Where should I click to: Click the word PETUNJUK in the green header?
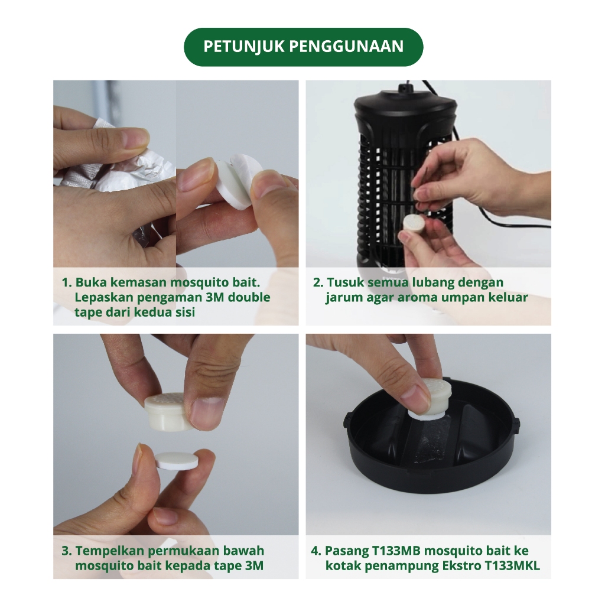(x=244, y=47)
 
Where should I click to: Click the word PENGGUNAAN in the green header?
(x=346, y=47)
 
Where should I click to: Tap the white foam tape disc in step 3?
(x=177, y=461)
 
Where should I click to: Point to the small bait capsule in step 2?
(x=414, y=224)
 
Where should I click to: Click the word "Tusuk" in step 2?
(x=345, y=282)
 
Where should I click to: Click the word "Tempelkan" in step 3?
(x=109, y=551)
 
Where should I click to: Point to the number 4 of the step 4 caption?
(x=314, y=551)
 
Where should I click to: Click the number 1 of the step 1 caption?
(x=65, y=282)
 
